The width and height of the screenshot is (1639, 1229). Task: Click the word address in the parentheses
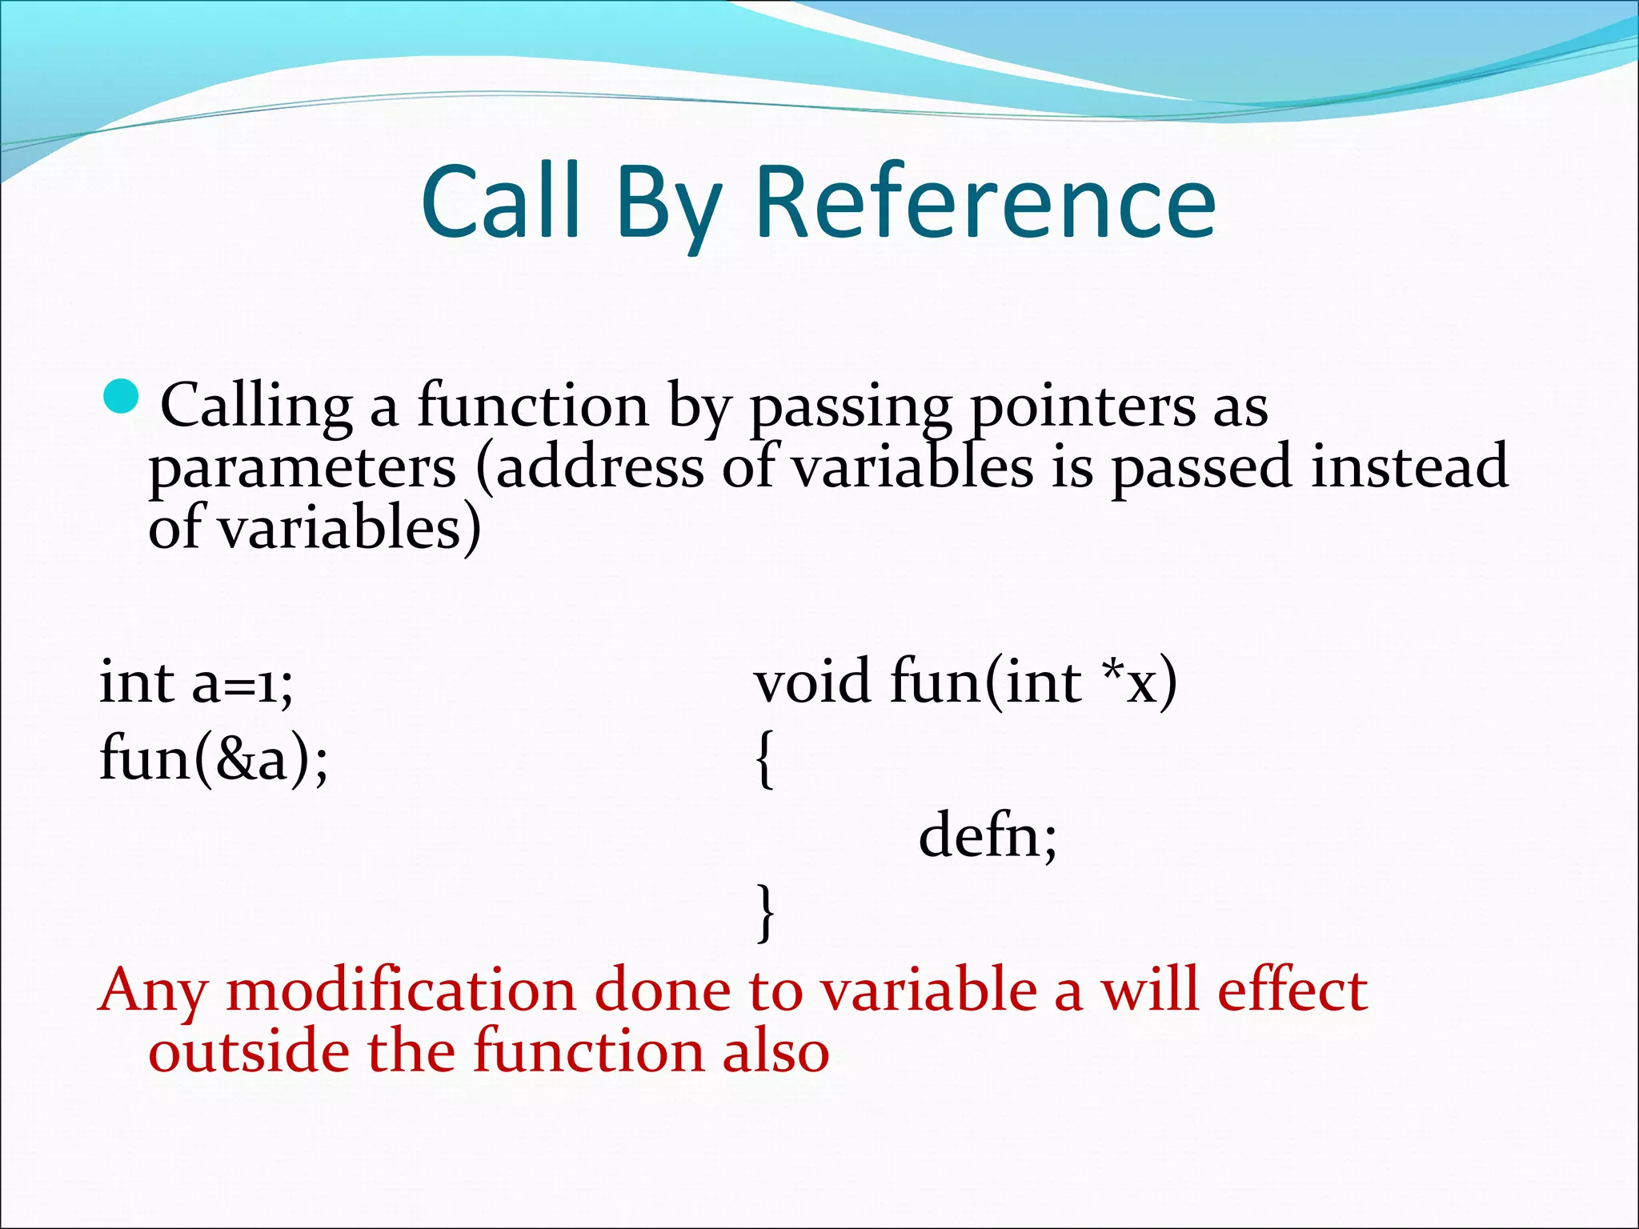pyautogui.click(x=599, y=468)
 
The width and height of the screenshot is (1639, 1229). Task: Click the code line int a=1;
pyautogui.click(x=196, y=683)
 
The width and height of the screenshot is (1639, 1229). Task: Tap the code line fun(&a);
pyautogui.click(x=214, y=759)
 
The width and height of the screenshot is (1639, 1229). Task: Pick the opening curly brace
pyautogui.click(x=764, y=760)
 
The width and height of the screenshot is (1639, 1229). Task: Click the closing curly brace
pyautogui.click(x=764, y=912)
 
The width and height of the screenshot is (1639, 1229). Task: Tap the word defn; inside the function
pyautogui.click(x=988, y=836)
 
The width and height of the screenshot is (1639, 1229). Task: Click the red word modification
pyautogui.click(x=400, y=991)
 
